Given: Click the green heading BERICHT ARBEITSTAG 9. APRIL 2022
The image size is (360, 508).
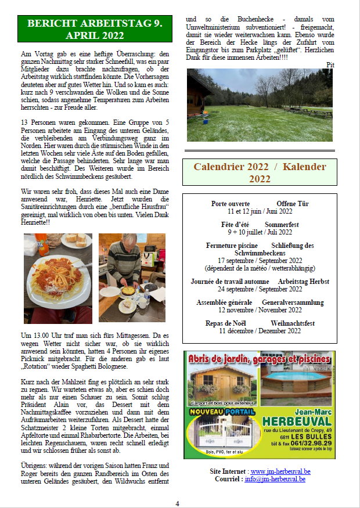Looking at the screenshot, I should [95, 29].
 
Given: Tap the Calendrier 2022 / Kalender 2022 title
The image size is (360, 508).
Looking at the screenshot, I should [260, 172].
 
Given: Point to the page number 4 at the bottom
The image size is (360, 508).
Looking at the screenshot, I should [178, 503].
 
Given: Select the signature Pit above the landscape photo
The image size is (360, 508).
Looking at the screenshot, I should [331, 64].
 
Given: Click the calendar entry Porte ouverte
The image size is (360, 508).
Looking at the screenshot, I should [231, 204].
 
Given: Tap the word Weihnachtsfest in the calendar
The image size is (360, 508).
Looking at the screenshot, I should [293, 323].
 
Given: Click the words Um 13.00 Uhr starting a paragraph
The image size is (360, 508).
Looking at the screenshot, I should [41, 336].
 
